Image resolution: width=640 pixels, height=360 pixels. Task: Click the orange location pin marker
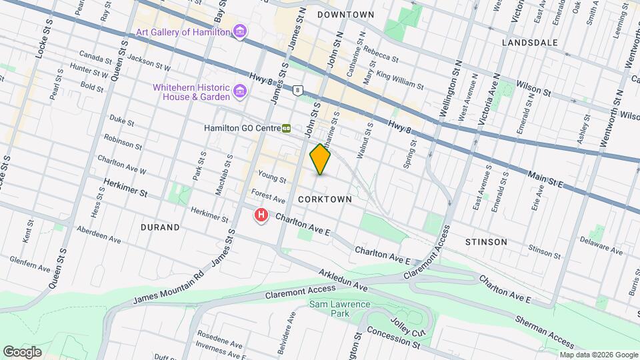point(321,159)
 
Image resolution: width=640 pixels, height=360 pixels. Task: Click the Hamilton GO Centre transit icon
point(286,127)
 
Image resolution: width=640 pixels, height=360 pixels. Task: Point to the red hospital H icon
point(262,215)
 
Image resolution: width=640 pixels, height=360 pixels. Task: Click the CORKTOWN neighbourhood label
point(325,199)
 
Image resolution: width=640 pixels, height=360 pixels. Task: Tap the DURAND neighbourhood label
point(160,227)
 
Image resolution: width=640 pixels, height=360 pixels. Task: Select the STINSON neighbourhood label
point(486,242)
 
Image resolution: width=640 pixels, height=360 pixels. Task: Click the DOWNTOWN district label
point(345,14)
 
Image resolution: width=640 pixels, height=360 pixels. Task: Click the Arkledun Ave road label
point(343,279)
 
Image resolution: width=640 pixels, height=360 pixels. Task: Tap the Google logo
point(22,351)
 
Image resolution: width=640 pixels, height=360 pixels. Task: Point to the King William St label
point(400,81)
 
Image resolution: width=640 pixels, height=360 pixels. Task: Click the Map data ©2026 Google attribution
point(598,355)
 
